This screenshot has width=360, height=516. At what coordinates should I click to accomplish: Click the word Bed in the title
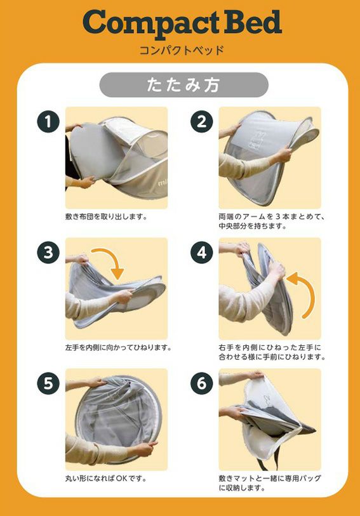[x=253, y=22]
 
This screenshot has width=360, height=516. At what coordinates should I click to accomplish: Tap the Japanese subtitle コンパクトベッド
[x=182, y=50]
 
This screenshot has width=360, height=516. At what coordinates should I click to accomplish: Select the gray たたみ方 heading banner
[x=184, y=85]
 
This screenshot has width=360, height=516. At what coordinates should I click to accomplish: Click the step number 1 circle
[x=48, y=121]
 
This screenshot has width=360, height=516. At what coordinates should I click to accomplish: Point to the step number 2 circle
[x=202, y=121]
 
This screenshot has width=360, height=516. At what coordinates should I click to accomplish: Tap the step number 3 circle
[x=48, y=253]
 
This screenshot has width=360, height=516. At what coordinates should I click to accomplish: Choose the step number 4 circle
[x=202, y=253]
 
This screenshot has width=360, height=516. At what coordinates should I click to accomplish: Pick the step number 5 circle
[x=48, y=383]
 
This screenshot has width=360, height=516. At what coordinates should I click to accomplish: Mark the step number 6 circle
[x=202, y=383]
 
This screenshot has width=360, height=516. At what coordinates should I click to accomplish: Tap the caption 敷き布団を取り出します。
[x=106, y=216]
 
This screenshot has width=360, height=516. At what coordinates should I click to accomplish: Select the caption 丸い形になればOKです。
[x=106, y=478]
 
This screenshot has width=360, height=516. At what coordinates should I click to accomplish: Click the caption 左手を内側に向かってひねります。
[x=119, y=348]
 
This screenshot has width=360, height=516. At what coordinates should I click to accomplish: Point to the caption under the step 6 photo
[x=270, y=483]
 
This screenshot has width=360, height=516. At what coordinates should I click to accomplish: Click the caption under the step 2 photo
[x=272, y=221]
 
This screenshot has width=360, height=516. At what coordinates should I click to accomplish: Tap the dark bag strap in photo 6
[x=267, y=458]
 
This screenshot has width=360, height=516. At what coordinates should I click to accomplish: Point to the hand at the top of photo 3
[x=81, y=259]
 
